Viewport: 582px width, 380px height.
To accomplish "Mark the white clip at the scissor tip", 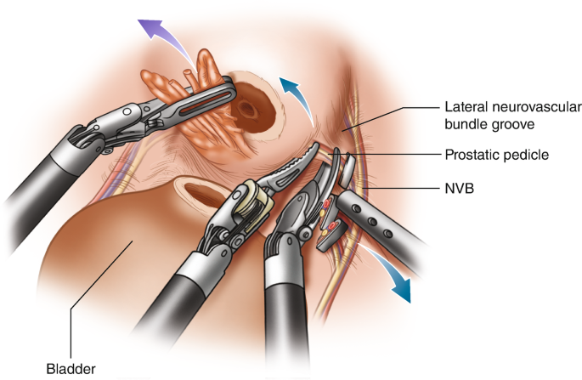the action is pos(346,170).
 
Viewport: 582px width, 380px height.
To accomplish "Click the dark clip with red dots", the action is pos(332,232).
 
